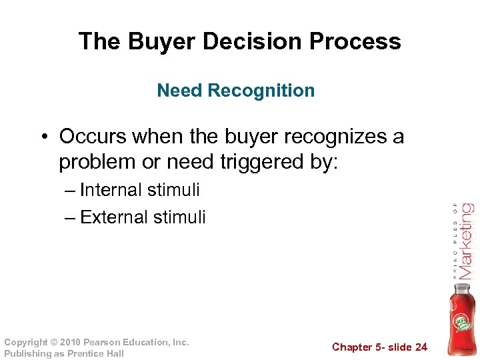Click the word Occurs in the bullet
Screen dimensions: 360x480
point(93,137)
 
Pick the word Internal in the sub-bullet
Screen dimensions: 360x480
point(110,190)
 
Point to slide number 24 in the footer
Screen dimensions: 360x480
point(420,347)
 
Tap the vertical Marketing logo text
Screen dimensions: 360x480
point(466,241)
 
